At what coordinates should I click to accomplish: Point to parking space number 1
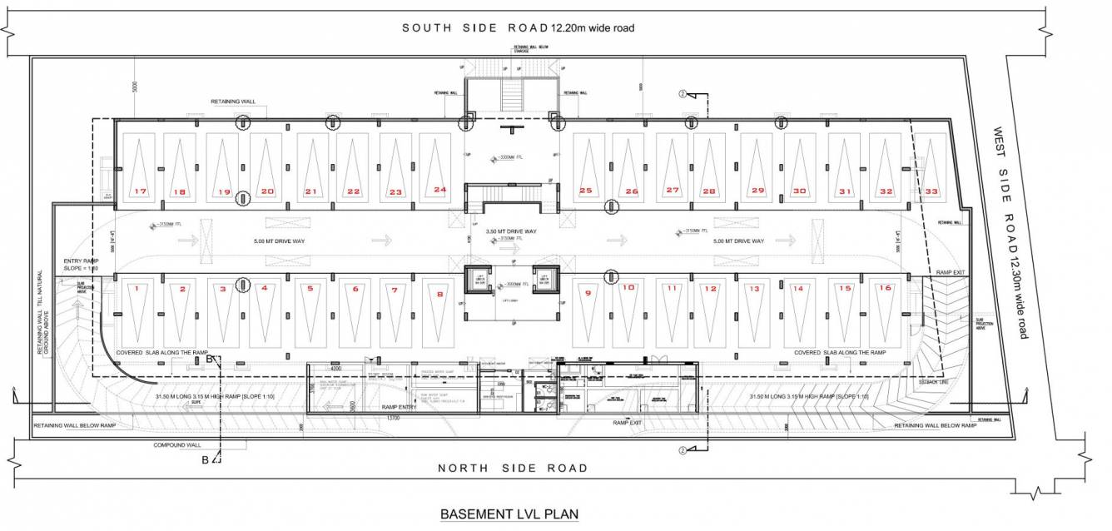point(136,313)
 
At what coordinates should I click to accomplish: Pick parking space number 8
point(440,313)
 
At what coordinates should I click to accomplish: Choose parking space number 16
point(886,313)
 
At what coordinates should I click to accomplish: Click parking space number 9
point(588,313)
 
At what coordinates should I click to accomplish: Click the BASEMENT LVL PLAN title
point(509,514)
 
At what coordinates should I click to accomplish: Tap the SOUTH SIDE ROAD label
point(518,28)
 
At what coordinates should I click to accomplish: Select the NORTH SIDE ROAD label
point(513,469)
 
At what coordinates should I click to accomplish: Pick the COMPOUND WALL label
point(177,445)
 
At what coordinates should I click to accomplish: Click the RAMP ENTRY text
point(399,407)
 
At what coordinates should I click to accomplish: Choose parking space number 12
point(709,313)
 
